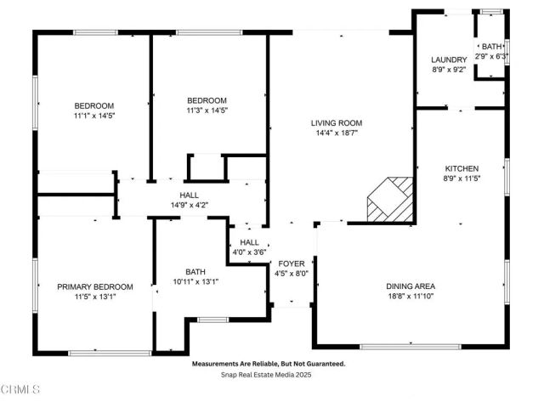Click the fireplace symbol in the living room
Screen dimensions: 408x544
(x=390, y=201)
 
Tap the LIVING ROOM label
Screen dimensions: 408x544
(x=332, y=122)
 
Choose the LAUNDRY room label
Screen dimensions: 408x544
(x=449, y=59)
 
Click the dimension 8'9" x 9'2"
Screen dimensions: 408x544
(x=449, y=70)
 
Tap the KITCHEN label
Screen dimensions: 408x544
(x=462, y=168)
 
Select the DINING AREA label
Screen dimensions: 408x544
(x=411, y=286)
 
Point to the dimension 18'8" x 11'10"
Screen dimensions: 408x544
(x=411, y=297)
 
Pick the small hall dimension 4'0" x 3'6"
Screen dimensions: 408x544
(x=249, y=252)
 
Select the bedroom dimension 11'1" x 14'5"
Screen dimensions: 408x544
(x=93, y=116)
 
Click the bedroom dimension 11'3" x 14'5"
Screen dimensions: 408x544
(x=207, y=110)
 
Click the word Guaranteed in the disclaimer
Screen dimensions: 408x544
(x=324, y=363)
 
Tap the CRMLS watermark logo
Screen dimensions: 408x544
(x=20, y=390)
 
